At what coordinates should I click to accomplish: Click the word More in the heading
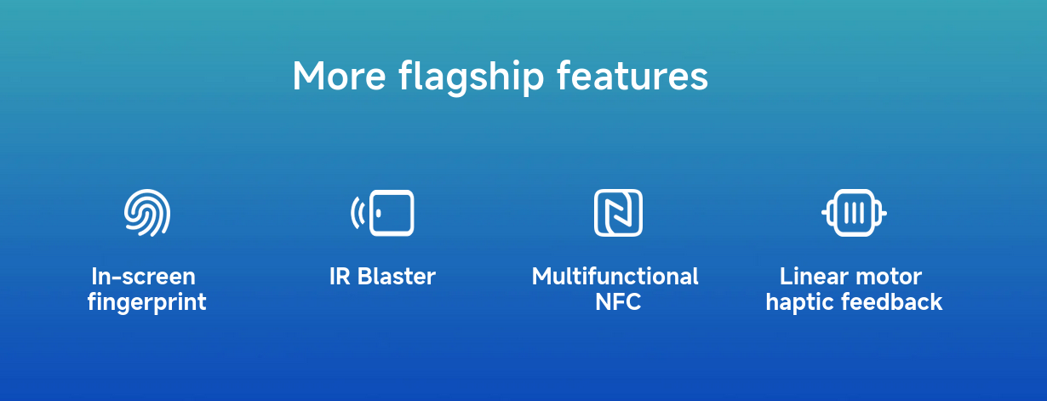pos(340,76)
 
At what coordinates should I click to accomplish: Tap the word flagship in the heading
pos(472,77)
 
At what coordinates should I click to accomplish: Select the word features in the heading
pos(632,76)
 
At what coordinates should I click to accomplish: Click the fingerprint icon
pos(147,213)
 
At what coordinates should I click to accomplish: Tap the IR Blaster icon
pos(382,213)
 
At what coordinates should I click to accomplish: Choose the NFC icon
pos(618,213)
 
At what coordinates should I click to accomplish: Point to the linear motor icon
pos(854,213)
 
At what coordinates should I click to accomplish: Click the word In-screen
pos(144,276)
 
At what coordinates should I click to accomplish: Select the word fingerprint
pos(146,303)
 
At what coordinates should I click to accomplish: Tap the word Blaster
pos(397,276)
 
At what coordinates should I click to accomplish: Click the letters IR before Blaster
pos(340,276)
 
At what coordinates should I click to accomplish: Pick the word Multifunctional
pos(615,276)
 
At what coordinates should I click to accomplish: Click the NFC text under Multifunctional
pos(618,302)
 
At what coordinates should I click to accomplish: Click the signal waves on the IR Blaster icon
pos(358,213)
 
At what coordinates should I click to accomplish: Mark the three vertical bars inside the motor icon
pos(854,213)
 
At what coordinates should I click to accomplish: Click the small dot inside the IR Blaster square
pos(378,213)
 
